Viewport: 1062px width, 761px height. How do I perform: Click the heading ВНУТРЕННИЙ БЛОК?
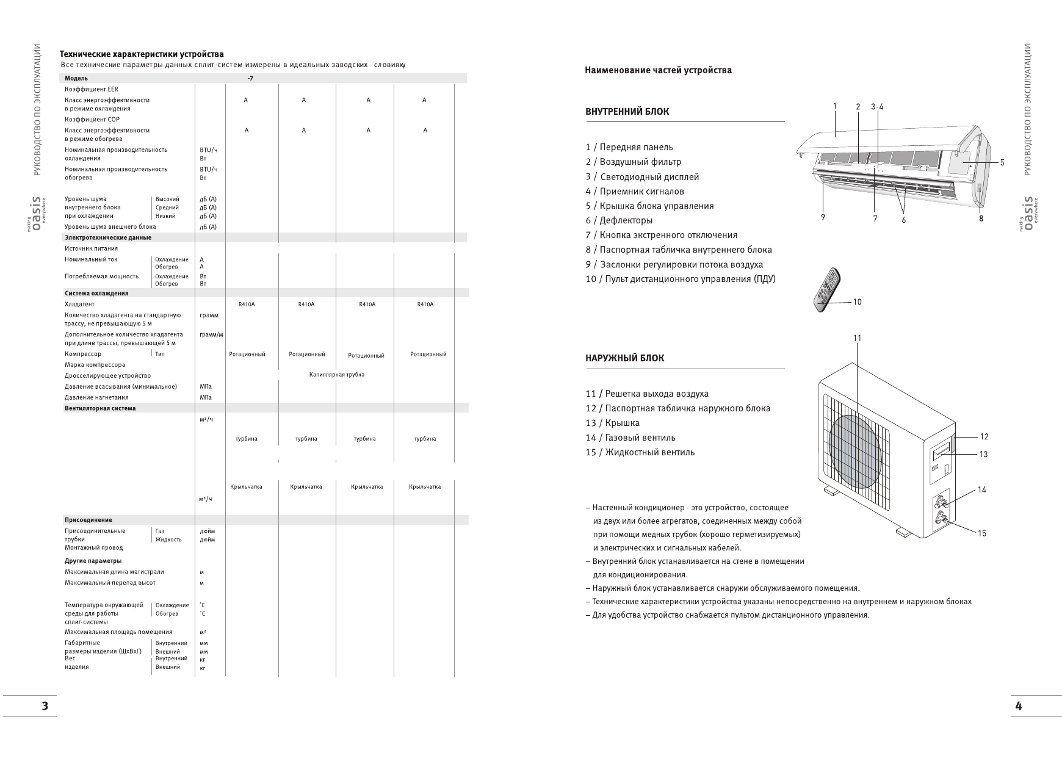point(627,112)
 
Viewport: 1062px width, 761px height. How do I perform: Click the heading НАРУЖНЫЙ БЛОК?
point(624,358)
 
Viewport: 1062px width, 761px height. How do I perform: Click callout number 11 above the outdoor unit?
point(857,338)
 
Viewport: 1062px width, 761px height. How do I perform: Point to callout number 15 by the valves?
point(981,533)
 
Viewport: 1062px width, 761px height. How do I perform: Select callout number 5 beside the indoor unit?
point(1002,163)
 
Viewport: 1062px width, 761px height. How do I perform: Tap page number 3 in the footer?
point(45,706)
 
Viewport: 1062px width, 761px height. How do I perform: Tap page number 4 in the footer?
point(1018,706)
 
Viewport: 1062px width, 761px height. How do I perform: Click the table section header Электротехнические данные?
point(108,237)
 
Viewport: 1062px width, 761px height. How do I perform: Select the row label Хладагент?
point(80,304)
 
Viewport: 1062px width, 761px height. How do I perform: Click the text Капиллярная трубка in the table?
point(337,375)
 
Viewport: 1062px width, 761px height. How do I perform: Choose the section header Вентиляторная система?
point(100,408)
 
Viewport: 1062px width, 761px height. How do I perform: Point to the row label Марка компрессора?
point(95,365)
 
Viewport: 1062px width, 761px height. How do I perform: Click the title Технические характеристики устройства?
point(142,54)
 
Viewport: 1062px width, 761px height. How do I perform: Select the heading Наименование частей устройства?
point(658,70)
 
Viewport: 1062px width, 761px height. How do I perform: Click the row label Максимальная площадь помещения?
point(118,632)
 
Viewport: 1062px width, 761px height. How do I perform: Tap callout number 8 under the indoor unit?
point(981,218)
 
